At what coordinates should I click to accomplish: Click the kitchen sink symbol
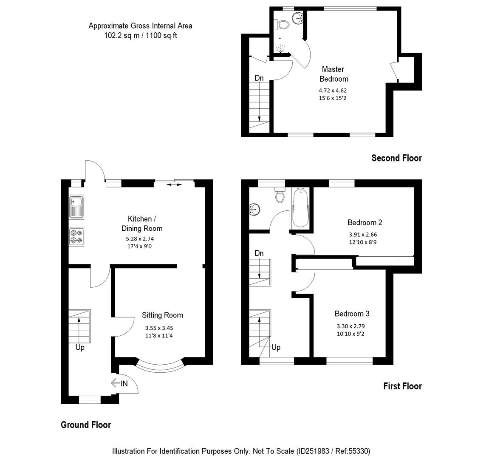click(x=77, y=207)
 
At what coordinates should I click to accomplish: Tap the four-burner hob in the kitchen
click(x=77, y=236)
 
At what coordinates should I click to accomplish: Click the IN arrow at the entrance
click(x=119, y=383)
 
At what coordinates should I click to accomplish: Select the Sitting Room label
click(x=162, y=315)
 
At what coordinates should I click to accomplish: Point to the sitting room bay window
click(x=161, y=366)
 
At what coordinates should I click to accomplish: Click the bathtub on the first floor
click(x=301, y=208)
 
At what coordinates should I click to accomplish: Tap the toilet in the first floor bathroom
click(x=280, y=196)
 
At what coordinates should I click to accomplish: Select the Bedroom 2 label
click(x=365, y=222)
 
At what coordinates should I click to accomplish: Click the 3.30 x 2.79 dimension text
click(x=350, y=326)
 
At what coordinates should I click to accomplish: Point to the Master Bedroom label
click(x=333, y=74)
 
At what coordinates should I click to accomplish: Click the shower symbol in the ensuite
click(x=280, y=48)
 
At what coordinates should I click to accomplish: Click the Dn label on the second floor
click(x=259, y=78)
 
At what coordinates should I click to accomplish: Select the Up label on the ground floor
click(x=80, y=348)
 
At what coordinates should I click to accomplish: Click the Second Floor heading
click(x=396, y=158)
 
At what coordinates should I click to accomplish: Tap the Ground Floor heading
click(x=86, y=425)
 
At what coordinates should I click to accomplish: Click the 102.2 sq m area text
click(x=120, y=36)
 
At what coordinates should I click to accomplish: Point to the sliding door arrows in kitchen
click(x=174, y=184)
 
